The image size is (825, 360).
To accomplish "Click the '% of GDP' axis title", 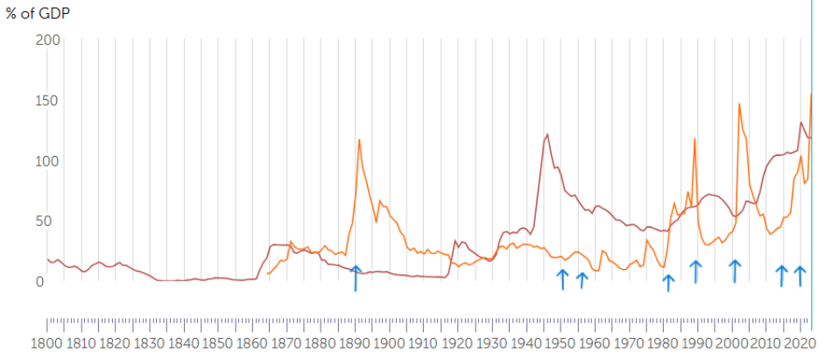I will [38, 13].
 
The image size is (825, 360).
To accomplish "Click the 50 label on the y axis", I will [52, 221].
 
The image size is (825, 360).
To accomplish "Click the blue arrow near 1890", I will [356, 277].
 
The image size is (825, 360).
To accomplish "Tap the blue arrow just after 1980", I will [668, 282].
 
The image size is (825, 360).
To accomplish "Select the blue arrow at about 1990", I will [695, 271].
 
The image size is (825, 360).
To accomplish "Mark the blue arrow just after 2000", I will [735, 271].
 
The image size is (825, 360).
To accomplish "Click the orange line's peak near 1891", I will [359, 140].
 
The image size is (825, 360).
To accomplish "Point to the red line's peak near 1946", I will [547, 135].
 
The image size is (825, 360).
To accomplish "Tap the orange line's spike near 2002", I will [739, 104].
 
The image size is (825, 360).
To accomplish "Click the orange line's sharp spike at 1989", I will [695, 139].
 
